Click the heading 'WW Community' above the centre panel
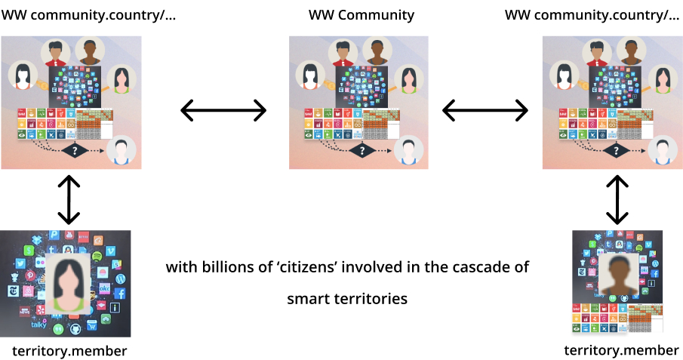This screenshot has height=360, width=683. point(361,15)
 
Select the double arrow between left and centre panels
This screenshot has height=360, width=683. point(223,111)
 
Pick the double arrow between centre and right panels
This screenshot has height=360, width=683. point(484,111)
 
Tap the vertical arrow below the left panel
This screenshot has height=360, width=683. point(69,199)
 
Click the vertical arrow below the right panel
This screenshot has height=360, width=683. point(617,199)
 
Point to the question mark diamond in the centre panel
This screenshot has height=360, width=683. point(364,152)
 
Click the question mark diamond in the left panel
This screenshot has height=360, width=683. point(75,151)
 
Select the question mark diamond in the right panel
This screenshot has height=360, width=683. point(617,151)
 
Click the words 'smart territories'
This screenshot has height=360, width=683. point(347,299)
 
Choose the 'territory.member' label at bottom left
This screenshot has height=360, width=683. point(69,351)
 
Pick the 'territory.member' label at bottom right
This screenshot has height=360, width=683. point(621,350)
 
